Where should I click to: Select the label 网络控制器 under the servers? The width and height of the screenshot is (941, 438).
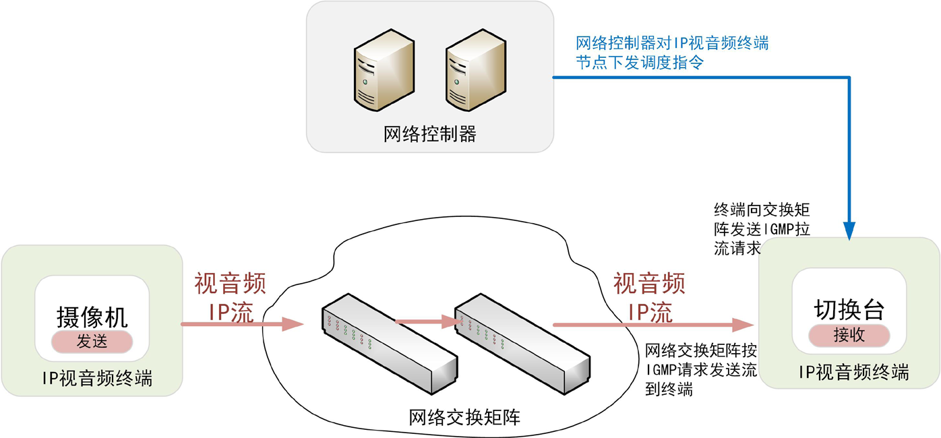coord(429,134)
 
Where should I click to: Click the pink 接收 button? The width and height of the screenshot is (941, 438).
coord(849,335)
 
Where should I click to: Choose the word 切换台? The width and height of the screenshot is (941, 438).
coord(849,309)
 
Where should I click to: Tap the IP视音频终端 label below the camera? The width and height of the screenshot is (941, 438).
coord(92,379)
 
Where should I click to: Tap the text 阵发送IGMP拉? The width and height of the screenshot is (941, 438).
coord(761,228)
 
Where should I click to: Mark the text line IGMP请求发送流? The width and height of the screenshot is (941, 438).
coord(701,370)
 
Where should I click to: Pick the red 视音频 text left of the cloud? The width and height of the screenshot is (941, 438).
coord(230,284)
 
